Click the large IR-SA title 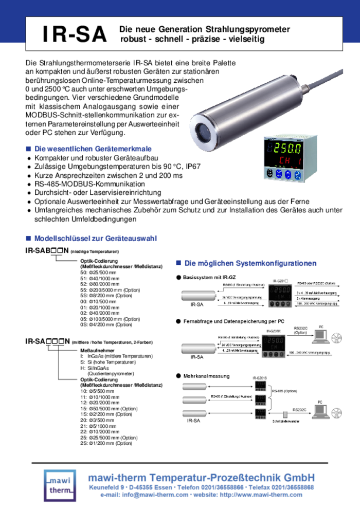point(75,34)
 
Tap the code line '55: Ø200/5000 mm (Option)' point(110,290)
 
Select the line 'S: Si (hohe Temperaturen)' point(109,361)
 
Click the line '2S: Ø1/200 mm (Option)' point(106,443)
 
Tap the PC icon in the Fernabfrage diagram point(321,336)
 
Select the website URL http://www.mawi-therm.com point(262,495)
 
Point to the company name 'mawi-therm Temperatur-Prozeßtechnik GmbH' point(201,476)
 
